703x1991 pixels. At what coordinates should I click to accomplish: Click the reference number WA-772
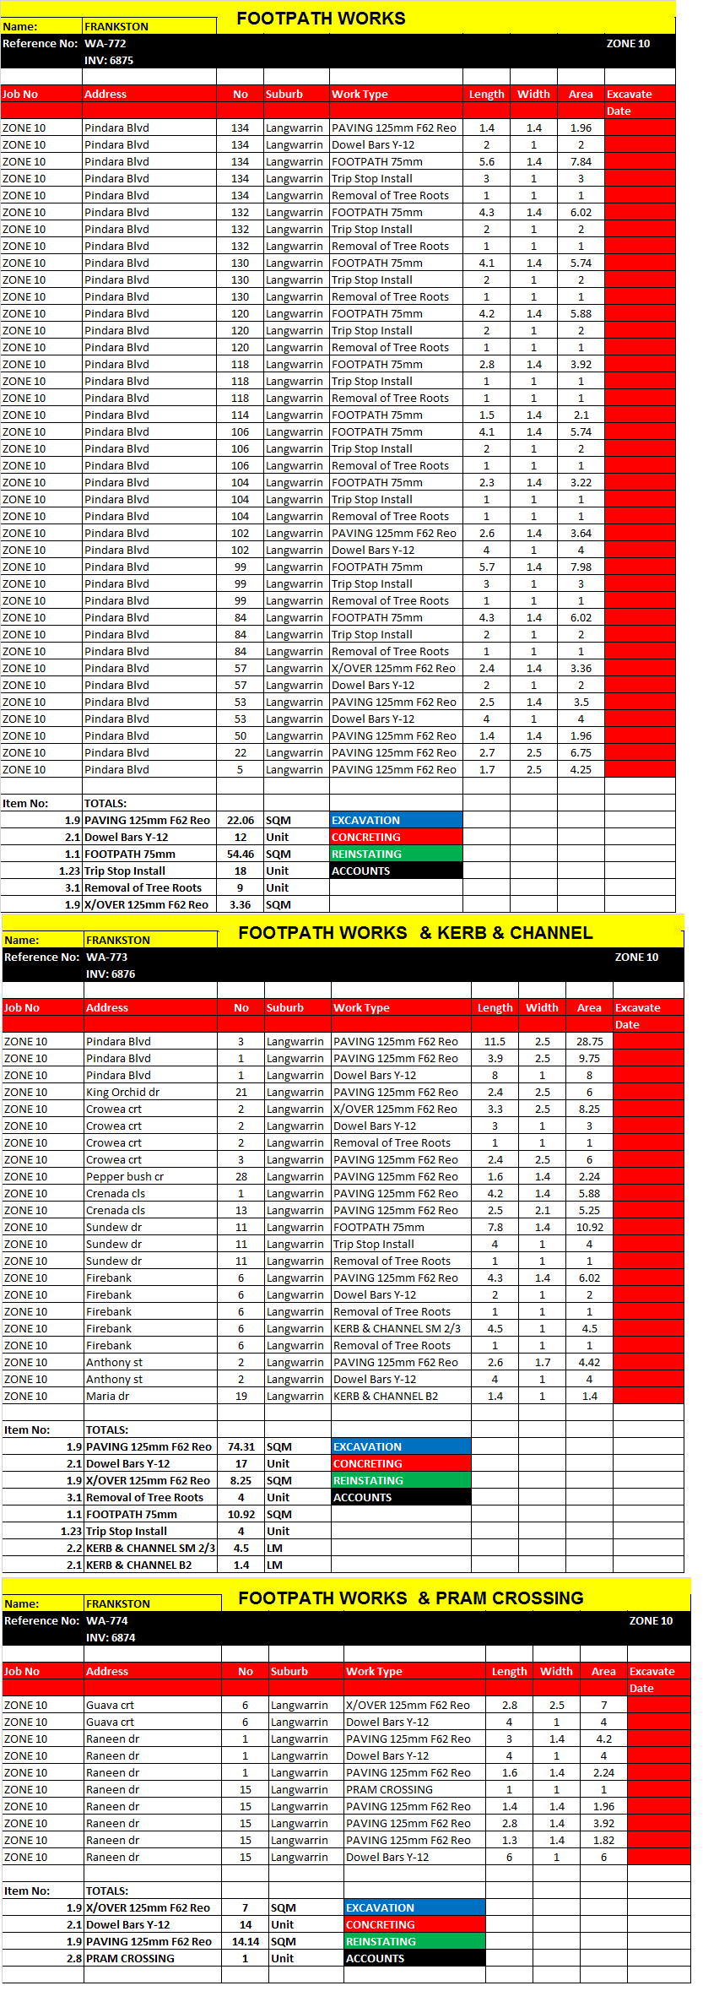[105, 44]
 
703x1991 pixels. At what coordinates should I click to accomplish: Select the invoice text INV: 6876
[111, 974]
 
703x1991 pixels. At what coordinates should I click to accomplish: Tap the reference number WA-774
[107, 1620]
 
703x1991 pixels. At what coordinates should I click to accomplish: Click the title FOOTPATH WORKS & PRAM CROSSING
[411, 1598]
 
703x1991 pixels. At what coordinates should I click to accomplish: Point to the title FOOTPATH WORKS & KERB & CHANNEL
[415, 933]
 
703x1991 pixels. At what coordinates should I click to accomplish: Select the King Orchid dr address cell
[122, 1092]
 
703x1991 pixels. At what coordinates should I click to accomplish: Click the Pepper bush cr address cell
[125, 1176]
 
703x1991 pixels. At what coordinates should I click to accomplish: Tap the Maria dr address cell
[107, 1396]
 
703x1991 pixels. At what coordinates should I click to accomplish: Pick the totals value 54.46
[241, 854]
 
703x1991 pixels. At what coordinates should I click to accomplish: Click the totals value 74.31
[241, 1446]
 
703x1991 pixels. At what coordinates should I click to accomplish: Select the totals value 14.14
[246, 1941]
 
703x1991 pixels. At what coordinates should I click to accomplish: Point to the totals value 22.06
[241, 820]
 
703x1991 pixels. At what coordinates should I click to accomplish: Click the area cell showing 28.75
[589, 1041]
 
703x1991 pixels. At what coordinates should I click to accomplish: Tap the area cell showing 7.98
[581, 567]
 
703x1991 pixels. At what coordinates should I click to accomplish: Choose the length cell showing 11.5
[495, 1041]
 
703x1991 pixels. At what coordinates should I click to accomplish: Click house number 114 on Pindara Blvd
[241, 415]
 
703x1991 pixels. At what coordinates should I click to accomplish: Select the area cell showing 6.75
[581, 752]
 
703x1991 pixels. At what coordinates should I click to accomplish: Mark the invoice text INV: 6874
[111, 1637]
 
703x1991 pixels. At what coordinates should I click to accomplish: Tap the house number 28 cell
[241, 1176]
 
